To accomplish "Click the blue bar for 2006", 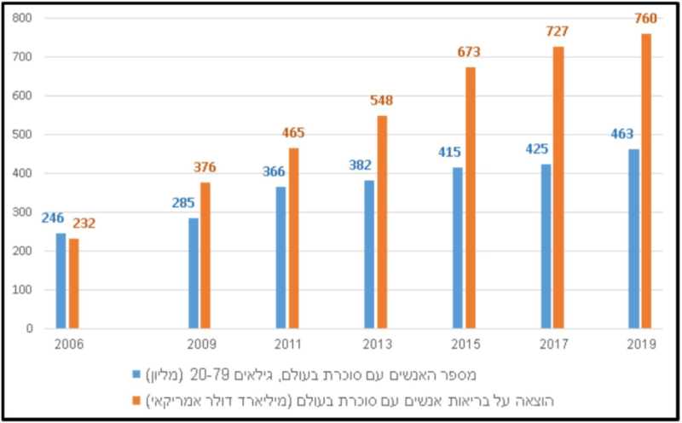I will tap(61, 281).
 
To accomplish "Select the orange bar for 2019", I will tap(646, 181).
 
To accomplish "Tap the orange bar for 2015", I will tap(470, 197).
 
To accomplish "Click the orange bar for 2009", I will tap(206, 255).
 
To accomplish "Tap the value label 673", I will tap(468, 52).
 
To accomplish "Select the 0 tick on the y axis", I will tap(29, 328).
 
